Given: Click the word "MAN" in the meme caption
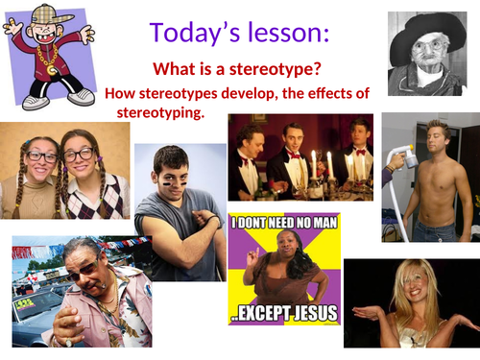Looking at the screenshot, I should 320,226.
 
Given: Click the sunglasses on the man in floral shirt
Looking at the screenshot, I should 85,270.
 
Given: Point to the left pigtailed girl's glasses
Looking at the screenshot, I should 39,155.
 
